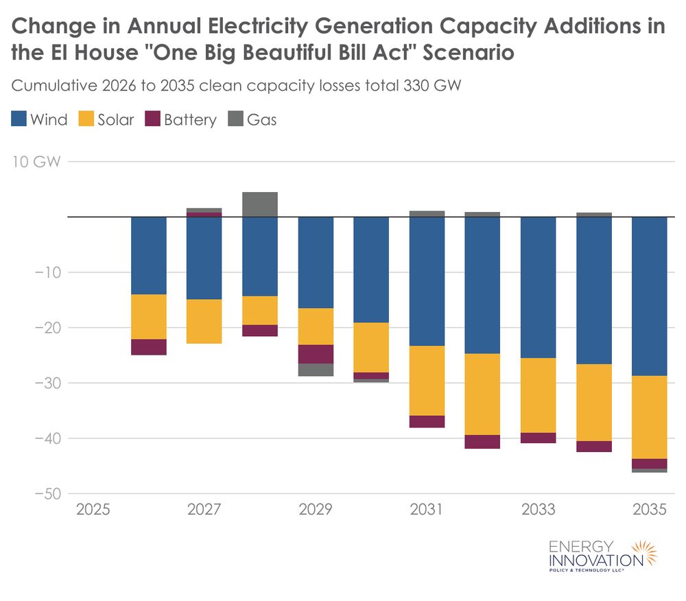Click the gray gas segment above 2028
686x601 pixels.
(260, 204)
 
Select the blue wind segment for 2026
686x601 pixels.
(149, 255)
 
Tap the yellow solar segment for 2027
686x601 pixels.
(204, 321)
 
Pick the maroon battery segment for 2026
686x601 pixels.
(149, 347)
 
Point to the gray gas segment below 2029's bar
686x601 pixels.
(316, 370)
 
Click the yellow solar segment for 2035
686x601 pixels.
(649, 417)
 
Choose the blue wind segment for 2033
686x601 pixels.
(538, 287)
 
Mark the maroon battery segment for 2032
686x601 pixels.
(482, 442)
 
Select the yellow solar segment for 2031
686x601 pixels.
(427, 381)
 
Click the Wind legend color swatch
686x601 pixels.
(19, 119)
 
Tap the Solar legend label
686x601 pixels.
(115, 120)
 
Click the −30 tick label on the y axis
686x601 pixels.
(46, 383)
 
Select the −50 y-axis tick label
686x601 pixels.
(46, 493)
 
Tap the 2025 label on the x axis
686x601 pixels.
(93, 510)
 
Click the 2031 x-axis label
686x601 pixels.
(427, 510)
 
